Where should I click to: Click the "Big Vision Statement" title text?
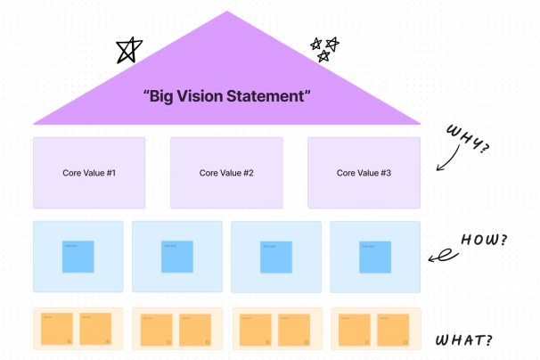tap(226, 95)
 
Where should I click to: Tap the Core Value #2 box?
tap(226, 173)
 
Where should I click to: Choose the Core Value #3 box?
tap(364, 173)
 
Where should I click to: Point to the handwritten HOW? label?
tap(484, 241)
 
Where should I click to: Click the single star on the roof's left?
tap(128, 51)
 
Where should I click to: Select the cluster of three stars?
tap(323, 48)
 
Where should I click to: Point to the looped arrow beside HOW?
tap(438, 257)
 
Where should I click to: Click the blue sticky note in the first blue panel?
tap(78, 257)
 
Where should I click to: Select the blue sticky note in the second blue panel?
tap(176, 257)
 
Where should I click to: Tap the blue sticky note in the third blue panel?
tap(275, 257)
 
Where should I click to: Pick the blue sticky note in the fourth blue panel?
tap(374, 257)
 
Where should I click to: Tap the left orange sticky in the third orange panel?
tap(256, 329)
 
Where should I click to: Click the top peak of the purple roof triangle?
tap(227, 13)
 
